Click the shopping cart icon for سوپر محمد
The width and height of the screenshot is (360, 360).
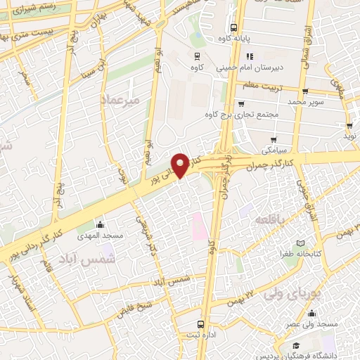(x=305, y=91)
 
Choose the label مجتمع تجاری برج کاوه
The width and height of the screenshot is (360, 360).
(x=243, y=114)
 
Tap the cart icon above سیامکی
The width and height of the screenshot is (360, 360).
(x=274, y=139)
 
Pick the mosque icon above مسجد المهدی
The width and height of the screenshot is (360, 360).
(x=99, y=225)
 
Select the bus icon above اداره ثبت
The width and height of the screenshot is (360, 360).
(x=202, y=325)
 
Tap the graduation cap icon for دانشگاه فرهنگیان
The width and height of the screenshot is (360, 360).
(x=296, y=346)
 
